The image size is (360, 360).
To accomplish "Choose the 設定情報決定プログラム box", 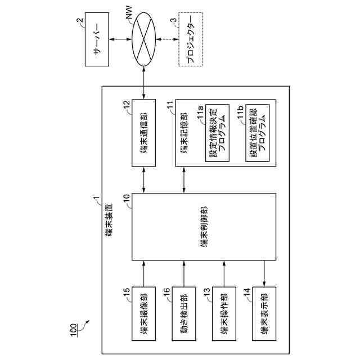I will (x=218, y=133).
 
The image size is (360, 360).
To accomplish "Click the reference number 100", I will (x=75, y=335).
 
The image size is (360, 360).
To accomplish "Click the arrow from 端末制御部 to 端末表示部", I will (x=264, y=273).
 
